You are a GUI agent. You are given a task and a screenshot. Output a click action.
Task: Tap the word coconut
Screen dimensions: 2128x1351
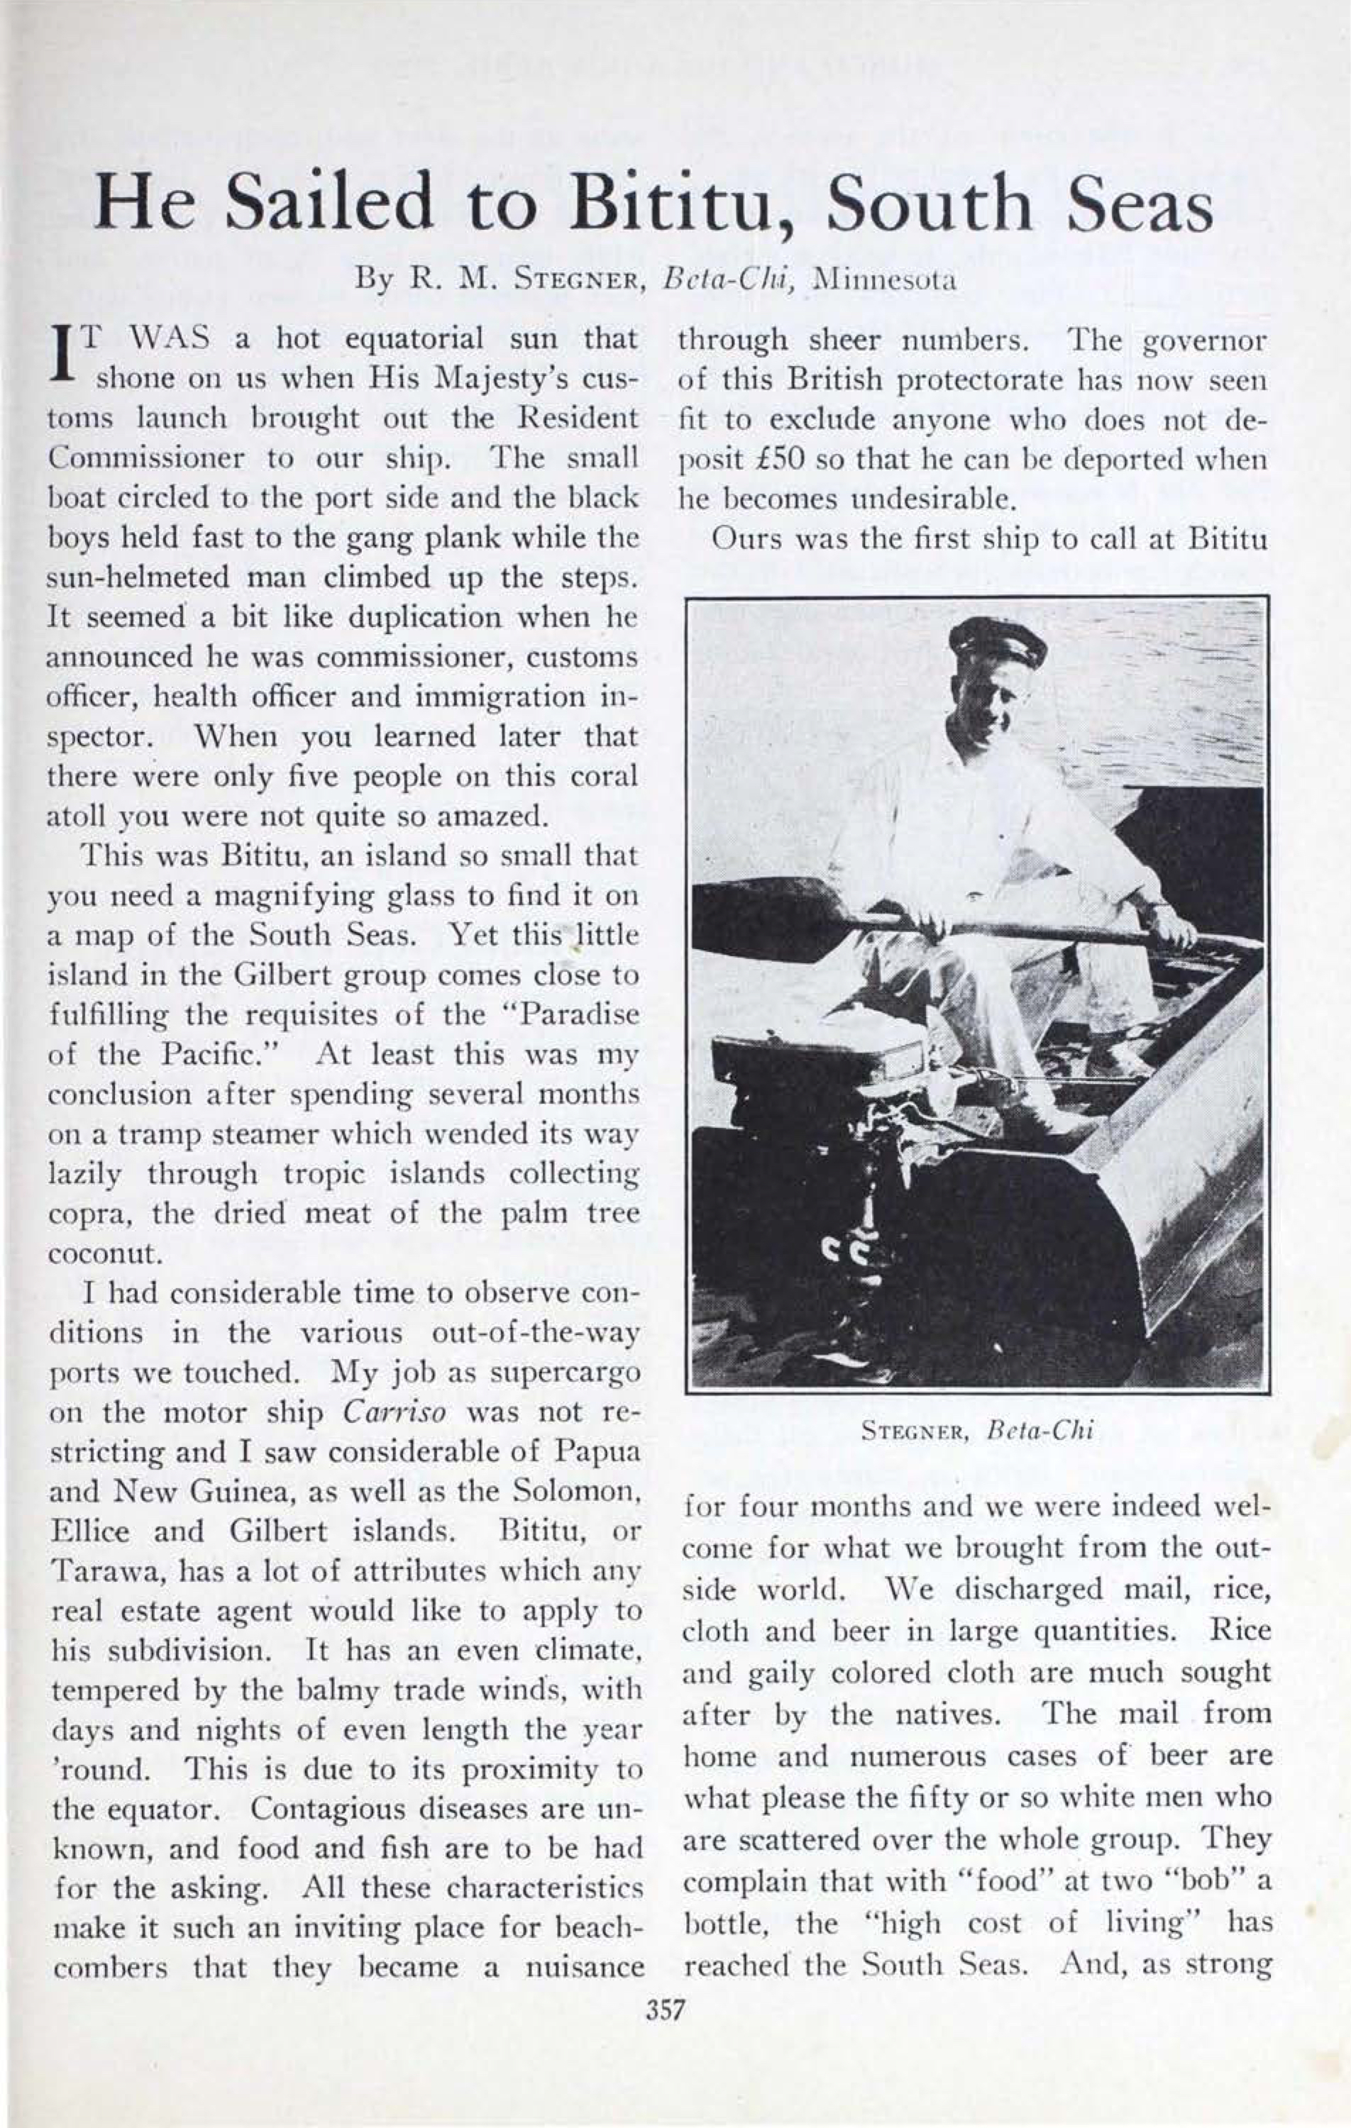pyautogui.click(x=104, y=1253)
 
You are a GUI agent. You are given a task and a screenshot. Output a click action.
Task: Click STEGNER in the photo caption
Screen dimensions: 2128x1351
pyautogui.click(x=919, y=1431)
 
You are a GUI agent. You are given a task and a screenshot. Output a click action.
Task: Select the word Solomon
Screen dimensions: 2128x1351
pyautogui.click(x=575, y=1492)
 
